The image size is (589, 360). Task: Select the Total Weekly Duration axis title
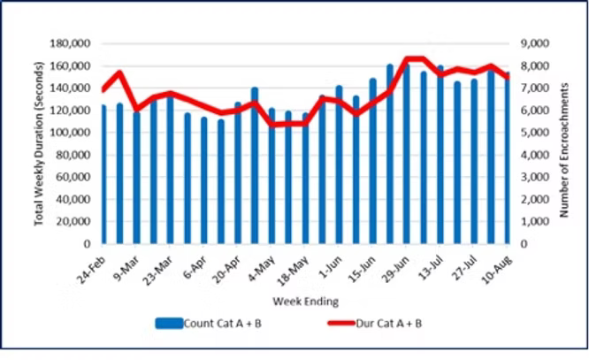click(40, 143)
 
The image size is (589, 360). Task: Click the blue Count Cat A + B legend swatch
click(168, 324)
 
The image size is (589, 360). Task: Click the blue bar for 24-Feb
click(103, 177)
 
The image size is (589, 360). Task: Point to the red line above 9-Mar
click(136, 109)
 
